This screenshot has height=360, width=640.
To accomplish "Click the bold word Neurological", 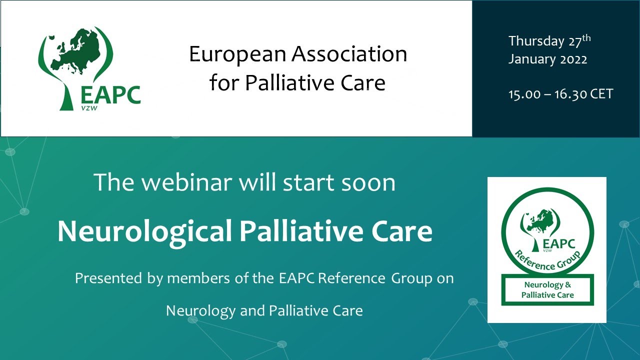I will point(144,231).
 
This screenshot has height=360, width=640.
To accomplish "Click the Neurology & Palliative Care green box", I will point(547,290).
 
